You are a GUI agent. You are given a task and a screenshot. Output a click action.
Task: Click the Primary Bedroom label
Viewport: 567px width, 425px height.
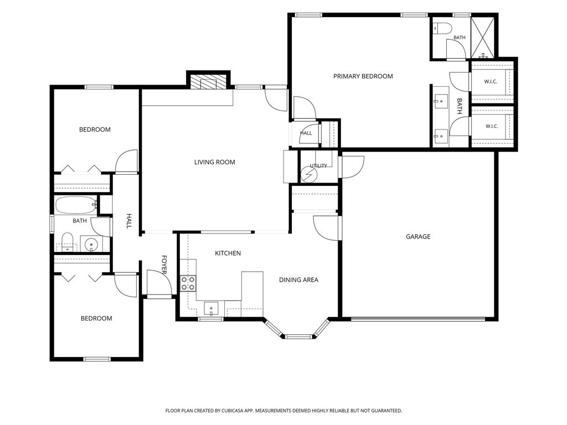pos(363,76)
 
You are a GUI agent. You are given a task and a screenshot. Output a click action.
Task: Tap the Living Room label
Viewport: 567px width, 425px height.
pos(214,162)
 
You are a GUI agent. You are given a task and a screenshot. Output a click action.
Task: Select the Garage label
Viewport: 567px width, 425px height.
pos(418,237)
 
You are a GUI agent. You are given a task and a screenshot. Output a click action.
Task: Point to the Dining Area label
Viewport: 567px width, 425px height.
pos(298,279)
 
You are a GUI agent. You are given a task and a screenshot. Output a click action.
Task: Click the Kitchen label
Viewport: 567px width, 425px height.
pos(228,253)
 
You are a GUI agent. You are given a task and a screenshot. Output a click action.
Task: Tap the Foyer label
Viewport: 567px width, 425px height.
pos(164,265)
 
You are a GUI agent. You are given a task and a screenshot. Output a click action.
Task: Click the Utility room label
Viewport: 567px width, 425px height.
pos(318,166)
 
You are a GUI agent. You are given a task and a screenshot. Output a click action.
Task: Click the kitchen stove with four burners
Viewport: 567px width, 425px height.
pos(188,283)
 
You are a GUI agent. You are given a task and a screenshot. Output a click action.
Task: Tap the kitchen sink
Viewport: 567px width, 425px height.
pos(211,309)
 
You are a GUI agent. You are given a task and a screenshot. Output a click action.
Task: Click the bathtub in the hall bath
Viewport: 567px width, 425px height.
pos(76,205)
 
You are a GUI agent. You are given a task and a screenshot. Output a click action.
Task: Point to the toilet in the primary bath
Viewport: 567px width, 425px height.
pos(442,28)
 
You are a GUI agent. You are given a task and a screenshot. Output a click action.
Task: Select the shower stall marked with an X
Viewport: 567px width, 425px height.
pos(483,38)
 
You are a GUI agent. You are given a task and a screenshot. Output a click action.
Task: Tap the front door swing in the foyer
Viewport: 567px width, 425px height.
pos(159,283)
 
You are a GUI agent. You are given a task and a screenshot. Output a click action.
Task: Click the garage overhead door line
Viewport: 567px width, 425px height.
pos(418,319)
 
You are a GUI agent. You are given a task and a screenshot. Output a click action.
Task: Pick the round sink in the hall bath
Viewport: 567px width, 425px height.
pos(91,245)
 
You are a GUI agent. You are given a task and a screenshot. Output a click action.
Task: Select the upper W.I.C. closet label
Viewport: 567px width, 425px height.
pos(491,82)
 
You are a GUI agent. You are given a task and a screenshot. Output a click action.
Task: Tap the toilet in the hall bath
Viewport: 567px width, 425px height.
pos(67,241)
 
